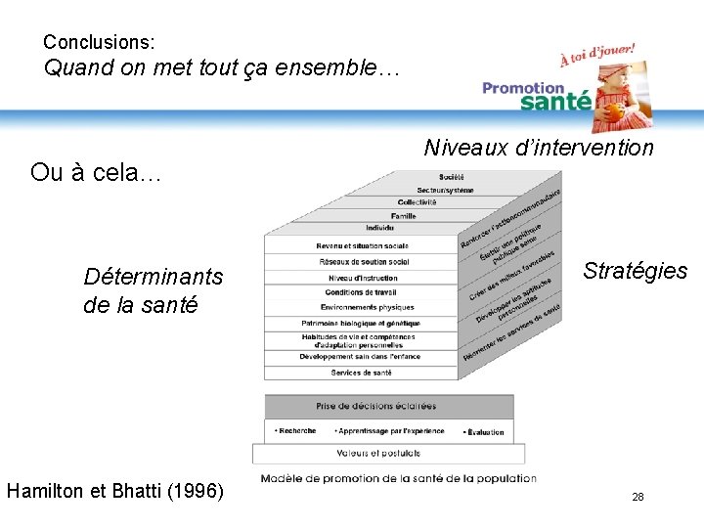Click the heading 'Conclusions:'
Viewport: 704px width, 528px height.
pyautogui.click(x=99, y=43)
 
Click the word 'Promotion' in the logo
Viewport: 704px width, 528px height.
pyautogui.click(x=523, y=88)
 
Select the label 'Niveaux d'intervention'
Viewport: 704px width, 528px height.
pyautogui.click(x=539, y=148)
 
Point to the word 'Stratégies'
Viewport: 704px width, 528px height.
pyautogui.click(x=635, y=271)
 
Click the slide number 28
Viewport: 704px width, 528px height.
pyautogui.click(x=638, y=498)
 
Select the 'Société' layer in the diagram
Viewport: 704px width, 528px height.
pyautogui.click(x=452, y=177)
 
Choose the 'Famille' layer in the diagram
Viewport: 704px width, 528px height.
pyautogui.click(x=403, y=215)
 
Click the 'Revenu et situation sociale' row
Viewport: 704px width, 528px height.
pyautogui.click(x=362, y=245)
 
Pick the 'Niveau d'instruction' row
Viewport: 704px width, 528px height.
pyautogui.click(x=362, y=278)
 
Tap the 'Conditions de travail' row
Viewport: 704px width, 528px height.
pyautogui.click(x=362, y=292)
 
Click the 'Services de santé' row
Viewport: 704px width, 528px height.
pyautogui.click(x=362, y=373)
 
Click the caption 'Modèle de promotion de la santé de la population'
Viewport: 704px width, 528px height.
pyautogui.click(x=398, y=478)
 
